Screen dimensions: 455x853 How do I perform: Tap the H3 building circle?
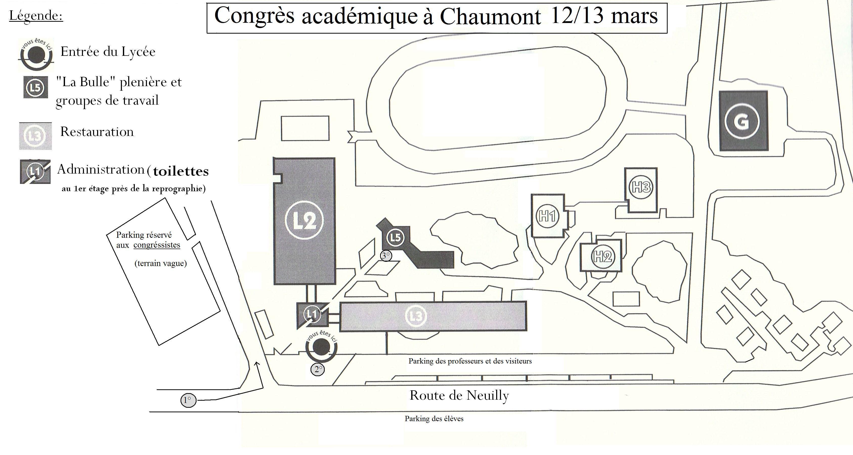[641, 187]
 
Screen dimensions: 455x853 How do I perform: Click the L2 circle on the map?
[304, 220]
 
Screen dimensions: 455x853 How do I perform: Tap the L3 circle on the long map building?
[416, 316]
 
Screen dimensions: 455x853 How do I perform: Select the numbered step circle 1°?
[188, 400]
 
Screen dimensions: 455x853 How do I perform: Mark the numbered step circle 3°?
[386, 256]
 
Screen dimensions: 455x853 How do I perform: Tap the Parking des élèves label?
[434, 419]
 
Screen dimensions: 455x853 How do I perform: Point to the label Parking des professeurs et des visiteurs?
[470, 361]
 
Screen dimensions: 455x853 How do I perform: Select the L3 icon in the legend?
[35, 136]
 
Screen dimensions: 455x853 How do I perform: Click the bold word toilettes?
[181, 171]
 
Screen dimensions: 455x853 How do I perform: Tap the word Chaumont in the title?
[490, 16]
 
